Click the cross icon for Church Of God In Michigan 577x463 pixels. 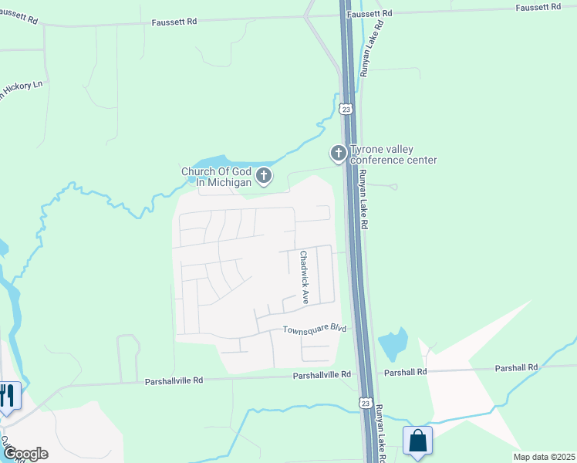264,177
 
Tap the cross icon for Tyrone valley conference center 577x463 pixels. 338,154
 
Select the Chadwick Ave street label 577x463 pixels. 305,276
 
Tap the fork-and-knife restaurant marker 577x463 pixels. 7,397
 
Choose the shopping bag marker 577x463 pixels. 417,441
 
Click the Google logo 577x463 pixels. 25,453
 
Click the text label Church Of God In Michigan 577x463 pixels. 216,177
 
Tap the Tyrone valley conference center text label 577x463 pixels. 393,154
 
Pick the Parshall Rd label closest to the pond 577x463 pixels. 406,372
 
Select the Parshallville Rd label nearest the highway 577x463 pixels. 322,374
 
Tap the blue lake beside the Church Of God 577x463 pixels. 220,164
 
